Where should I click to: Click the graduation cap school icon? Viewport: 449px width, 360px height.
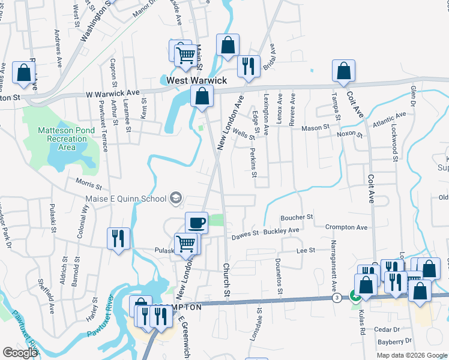click(x=176, y=197)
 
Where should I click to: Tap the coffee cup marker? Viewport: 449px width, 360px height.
click(x=196, y=223)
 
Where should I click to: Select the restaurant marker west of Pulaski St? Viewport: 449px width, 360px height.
click(x=118, y=238)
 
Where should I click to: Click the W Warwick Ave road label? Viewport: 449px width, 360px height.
click(x=112, y=94)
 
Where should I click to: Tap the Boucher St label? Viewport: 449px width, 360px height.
click(x=297, y=217)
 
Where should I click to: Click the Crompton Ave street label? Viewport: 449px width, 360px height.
click(x=346, y=227)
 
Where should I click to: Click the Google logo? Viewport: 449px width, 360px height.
click(x=20, y=353)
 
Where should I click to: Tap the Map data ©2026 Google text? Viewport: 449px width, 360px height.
click(x=411, y=355)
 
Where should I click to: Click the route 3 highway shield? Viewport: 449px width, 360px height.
click(x=338, y=298)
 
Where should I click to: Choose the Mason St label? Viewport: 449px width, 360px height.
click(x=316, y=128)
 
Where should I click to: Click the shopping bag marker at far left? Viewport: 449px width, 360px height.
click(x=23, y=73)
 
